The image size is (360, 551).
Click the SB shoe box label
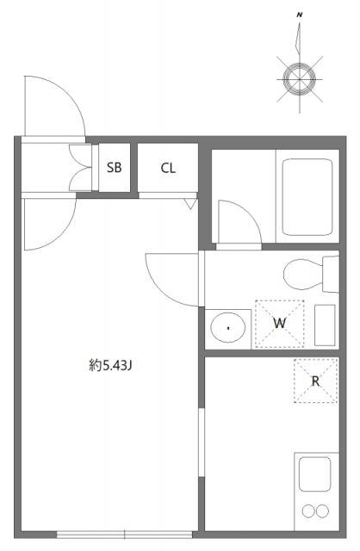pos(115,168)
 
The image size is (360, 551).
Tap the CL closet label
pos(168,168)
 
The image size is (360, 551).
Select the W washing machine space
pos(279,323)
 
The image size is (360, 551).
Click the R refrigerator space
pos(315,381)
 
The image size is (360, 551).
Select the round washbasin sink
pos(228,327)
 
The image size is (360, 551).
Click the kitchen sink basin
pos(314,474)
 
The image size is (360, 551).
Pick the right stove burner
pos(323,511)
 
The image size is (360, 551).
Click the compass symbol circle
pos(301,78)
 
